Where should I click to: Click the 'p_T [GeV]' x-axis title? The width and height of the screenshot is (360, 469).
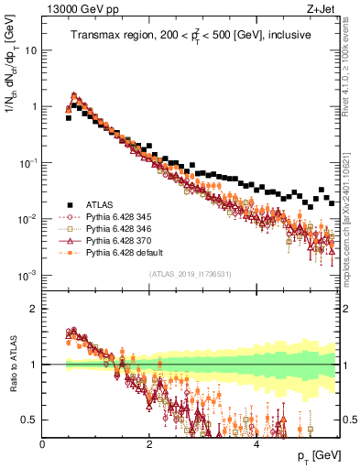[312, 455]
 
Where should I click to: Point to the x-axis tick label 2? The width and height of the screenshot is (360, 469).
[149, 443]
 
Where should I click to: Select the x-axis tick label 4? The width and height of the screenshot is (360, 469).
[256, 443]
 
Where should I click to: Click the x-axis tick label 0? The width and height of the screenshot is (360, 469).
[43, 443]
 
